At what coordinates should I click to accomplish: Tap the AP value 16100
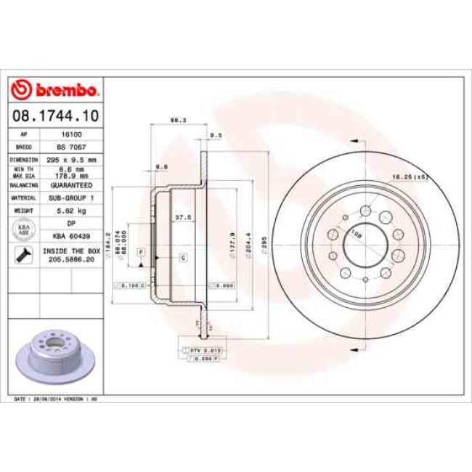pos(71,135)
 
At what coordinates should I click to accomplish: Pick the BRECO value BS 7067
pos(71,146)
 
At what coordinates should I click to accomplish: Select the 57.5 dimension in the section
pos(184,216)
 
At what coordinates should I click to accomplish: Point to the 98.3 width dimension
pos(174,121)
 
